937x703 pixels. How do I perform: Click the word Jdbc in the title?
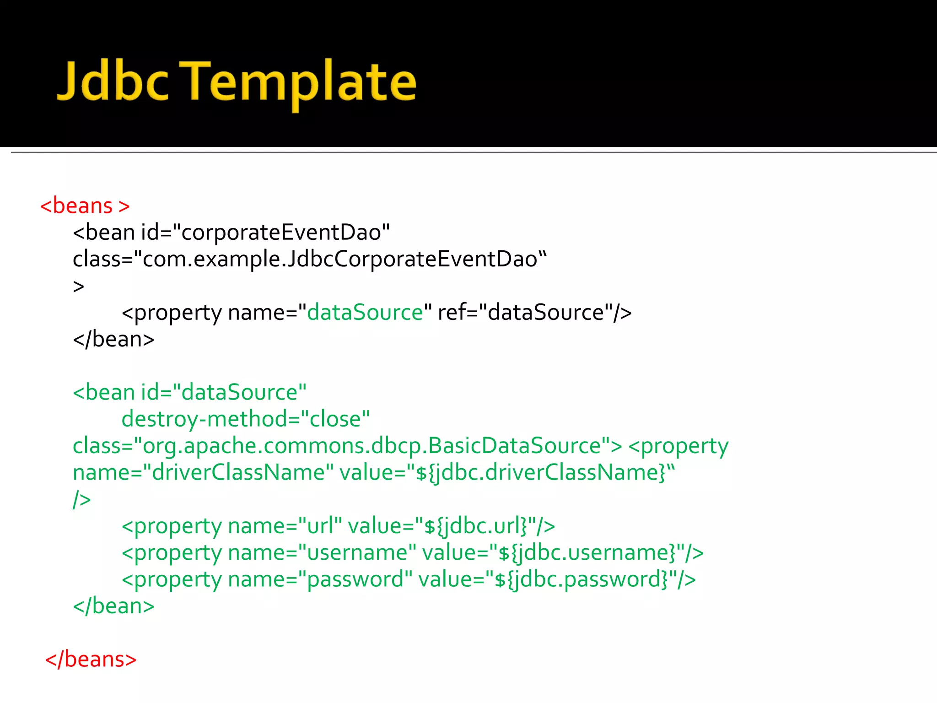coord(113,81)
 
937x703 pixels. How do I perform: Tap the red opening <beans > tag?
coord(85,206)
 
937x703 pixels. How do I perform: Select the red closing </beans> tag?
coord(91,660)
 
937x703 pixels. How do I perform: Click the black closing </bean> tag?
coord(113,339)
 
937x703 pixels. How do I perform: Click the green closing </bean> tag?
coord(113,606)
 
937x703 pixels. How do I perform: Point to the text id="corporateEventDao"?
coord(265,232)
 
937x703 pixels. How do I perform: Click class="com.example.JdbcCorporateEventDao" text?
coord(310,259)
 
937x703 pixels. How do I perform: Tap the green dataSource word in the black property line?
coord(365,313)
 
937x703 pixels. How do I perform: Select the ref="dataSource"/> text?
coord(534,313)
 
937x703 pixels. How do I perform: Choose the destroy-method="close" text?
coord(245,419)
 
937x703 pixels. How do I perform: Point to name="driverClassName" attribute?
coord(203,472)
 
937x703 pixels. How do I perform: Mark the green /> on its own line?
coord(82,499)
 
